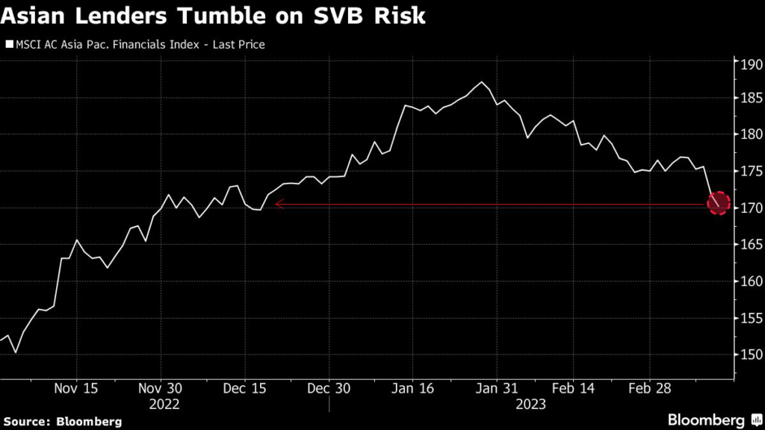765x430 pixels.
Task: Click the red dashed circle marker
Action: pyautogui.click(x=718, y=202)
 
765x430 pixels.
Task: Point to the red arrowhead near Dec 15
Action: pyautogui.click(x=278, y=203)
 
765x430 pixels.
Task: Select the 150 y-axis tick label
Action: pyautogui.click(x=749, y=355)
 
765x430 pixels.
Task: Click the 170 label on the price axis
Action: pyautogui.click(x=749, y=208)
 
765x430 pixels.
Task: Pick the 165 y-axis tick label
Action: pyautogui.click(x=749, y=245)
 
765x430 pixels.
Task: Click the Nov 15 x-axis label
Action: pyautogui.click(x=77, y=389)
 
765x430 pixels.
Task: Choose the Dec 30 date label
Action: pyautogui.click(x=329, y=389)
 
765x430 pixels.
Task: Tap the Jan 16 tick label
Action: pyautogui.click(x=412, y=389)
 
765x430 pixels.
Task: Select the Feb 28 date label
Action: pyautogui.click(x=648, y=389)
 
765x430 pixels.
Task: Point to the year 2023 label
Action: pyautogui.click(x=530, y=404)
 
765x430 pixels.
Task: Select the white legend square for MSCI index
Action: pyautogui.click(x=9, y=45)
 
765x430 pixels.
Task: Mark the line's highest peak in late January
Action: pyautogui.click(x=482, y=82)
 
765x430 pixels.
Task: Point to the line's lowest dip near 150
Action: pyautogui.click(x=16, y=352)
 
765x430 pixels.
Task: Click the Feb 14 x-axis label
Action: pyautogui.click(x=573, y=389)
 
